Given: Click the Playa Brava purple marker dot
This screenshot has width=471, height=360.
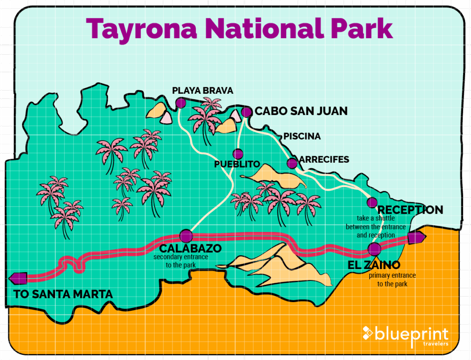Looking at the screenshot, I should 180,103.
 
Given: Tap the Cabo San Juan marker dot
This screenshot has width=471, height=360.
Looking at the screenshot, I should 247,112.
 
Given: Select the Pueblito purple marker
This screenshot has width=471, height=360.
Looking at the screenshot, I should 238,154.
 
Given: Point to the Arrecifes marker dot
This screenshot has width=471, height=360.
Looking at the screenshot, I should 292,163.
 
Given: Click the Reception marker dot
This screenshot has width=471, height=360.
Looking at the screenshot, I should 372,202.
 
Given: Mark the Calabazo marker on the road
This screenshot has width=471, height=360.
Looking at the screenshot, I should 186,236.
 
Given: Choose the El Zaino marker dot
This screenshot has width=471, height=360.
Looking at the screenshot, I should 375,249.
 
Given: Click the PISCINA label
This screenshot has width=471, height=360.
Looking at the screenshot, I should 302,137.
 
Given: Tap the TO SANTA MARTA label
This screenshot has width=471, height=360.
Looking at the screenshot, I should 63,294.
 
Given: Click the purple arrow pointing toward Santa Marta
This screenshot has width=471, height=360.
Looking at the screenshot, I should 18,278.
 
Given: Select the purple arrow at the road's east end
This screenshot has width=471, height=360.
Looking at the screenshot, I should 416,238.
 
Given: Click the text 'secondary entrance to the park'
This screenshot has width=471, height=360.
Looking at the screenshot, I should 181,261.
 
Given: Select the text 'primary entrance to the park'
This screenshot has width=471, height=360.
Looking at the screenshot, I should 392,280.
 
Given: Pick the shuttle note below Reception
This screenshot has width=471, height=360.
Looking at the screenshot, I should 376,227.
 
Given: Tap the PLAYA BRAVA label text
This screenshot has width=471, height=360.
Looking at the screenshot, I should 203,90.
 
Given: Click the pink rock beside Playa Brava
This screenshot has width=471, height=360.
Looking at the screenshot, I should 166,118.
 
